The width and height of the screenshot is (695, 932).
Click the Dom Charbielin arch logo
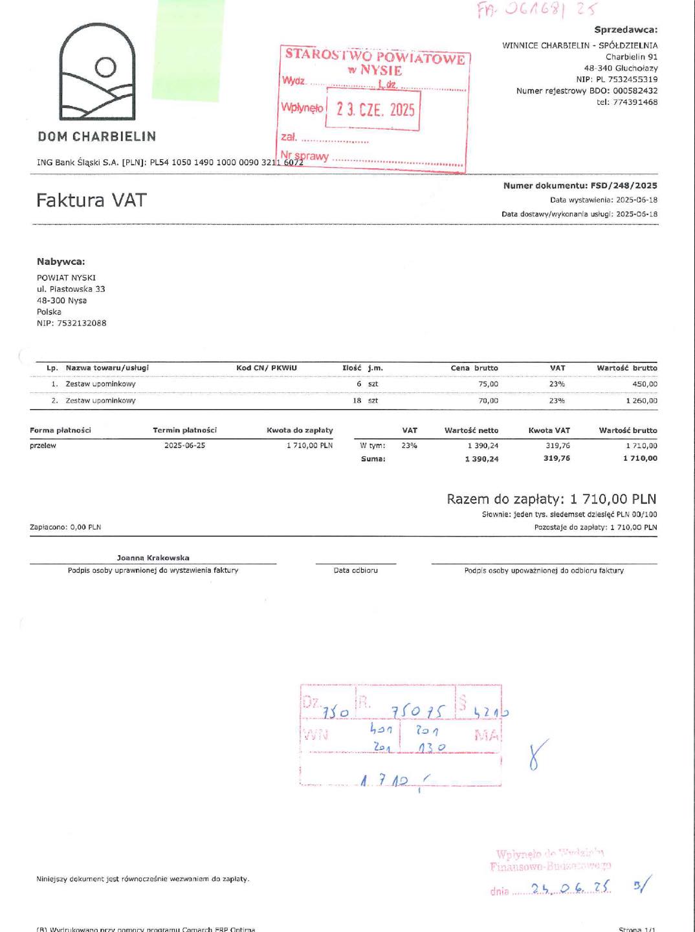[98, 72]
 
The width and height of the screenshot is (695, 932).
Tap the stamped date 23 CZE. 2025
[375, 109]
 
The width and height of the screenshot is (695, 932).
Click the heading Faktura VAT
[91, 201]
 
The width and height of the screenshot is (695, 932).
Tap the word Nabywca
[61, 261]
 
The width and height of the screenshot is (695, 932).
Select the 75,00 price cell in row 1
[488, 384]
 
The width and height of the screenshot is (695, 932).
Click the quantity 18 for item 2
[357, 401]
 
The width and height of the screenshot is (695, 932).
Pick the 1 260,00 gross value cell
[641, 401]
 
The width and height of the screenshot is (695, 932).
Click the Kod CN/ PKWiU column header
[266, 368]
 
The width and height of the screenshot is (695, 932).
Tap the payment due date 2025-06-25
[184, 445]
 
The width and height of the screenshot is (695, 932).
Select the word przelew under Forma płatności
[43, 445]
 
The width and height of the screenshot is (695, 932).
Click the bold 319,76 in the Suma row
[557, 458]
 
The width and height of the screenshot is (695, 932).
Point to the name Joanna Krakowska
[153, 557]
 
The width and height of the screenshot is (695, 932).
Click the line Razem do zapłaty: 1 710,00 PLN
[551, 499]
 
